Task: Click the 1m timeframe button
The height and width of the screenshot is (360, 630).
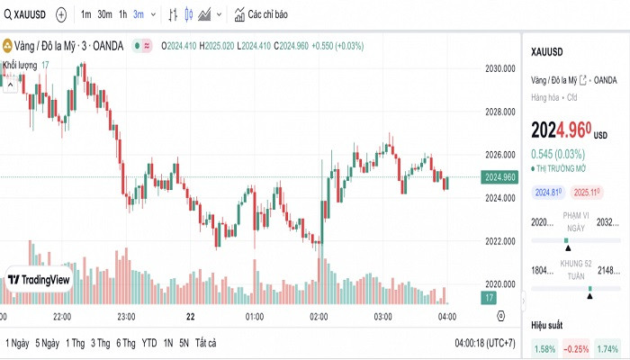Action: tap(85, 14)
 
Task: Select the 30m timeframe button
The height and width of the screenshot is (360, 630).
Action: tap(104, 14)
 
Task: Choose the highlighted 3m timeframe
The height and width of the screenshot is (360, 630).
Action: tap(138, 14)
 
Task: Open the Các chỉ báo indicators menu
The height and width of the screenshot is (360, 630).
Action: tap(261, 14)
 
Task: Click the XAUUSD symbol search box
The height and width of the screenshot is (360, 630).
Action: tap(26, 14)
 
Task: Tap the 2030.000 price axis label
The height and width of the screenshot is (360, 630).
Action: tap(499, 68)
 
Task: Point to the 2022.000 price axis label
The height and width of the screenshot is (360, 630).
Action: tap(499, 241)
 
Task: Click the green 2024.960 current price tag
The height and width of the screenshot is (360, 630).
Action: tap(499, 177)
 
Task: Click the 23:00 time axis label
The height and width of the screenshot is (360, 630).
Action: tap(126, 317)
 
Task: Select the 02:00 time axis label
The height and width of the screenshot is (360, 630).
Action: tap(319, 317)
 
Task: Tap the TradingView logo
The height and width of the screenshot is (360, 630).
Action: tap(39, 280)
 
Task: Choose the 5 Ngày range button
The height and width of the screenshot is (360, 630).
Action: tap(47, 343)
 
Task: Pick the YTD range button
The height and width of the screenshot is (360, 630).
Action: tap(149, 343)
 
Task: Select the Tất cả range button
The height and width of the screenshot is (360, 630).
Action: tap(206, 343)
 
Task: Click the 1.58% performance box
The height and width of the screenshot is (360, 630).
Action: tap(544, 348)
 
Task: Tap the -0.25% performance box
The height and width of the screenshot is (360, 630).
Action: tap(576, 348)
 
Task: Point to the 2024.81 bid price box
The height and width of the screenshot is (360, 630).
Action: tap(548, 193)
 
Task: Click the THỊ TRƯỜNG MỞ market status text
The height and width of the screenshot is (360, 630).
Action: tap(561, 168)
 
